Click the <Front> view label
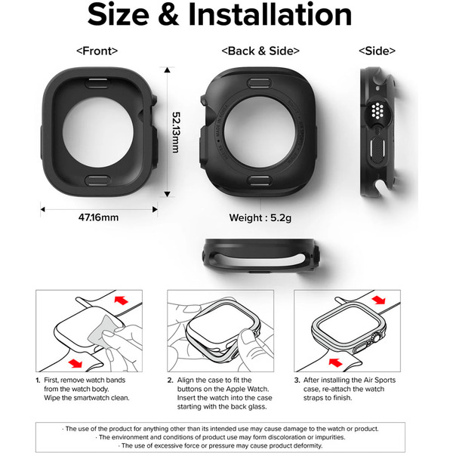click(x=97, y=51)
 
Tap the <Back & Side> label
click(x=260, y=51)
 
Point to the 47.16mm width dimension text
click(x=98, y=217)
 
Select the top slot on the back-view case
click(x=259, y=79)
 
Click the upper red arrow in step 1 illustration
click(x=120, y=300)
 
